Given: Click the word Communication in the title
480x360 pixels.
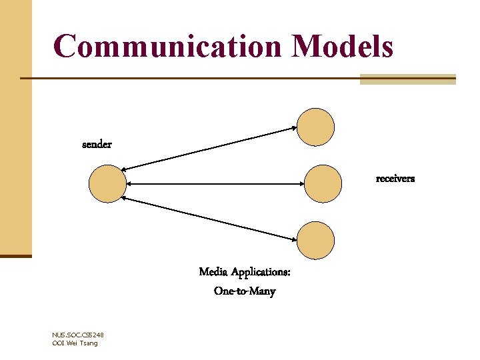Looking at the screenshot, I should coord(167,47).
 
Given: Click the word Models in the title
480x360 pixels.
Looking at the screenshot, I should coord(342,47).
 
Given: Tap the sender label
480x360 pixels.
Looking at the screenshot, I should coord(97,145).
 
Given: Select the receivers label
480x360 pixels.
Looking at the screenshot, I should coord(395,179).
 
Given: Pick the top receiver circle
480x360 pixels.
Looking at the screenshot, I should coord(315,127).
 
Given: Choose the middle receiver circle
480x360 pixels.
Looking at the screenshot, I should coord(322,183).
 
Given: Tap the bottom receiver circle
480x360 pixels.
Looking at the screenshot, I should coord(315,239).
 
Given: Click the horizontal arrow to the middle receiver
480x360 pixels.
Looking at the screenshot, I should coord(213,183).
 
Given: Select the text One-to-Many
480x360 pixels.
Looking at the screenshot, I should coord(245,291).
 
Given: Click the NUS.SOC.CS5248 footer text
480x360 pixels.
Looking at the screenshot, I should coord(77,335).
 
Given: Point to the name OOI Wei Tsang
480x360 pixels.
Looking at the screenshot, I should coord(74,343).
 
